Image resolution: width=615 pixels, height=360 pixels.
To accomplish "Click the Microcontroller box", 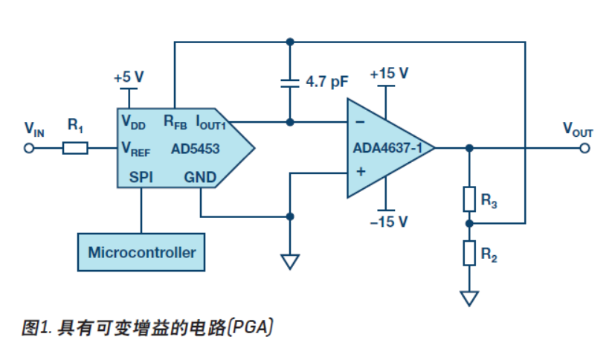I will (x=141, y=252).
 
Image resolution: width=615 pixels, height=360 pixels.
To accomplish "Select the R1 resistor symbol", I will (x=75, y=148).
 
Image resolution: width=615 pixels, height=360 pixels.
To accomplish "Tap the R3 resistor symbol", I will (x=469, y=199).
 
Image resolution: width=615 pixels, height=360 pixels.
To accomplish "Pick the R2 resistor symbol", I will (x=469, y=253).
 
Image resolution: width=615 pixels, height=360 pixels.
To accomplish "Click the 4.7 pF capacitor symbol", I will (x=289, y=82).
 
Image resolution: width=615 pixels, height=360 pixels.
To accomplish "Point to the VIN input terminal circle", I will (x=30, y=148).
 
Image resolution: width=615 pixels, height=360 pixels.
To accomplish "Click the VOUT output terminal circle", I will (x=585, y=148).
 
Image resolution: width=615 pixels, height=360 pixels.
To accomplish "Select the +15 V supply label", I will (x=390, y=74).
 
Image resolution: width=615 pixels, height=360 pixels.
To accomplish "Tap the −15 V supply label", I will (x=390, y=221).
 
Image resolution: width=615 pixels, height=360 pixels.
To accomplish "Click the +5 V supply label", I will (x=129, y=77).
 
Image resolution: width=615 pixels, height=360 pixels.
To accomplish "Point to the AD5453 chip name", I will (x=196, y=149).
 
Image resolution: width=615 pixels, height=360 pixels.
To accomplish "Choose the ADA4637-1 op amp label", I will (x=387, y=148).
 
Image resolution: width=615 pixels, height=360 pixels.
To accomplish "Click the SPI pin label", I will (x=141, y=177).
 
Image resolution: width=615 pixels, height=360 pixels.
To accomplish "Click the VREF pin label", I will (x=136, y=150).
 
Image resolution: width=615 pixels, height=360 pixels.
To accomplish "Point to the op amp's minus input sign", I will (x=361, y=121).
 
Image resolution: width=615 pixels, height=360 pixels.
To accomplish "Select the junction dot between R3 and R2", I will (x=469, y=222).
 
